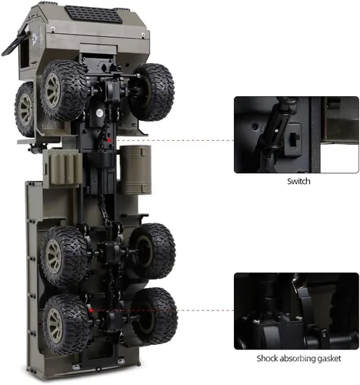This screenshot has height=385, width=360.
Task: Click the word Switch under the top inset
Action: [298, 181]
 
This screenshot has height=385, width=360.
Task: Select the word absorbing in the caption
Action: [298, 359]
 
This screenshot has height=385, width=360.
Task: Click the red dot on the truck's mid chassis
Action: [109, 140]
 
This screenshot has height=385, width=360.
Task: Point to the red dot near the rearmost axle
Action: [92, 310]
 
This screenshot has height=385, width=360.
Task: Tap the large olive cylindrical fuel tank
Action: [135, 169]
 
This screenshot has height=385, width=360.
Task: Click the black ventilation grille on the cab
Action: [93, 14]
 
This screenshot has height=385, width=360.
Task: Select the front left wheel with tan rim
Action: [64, 90]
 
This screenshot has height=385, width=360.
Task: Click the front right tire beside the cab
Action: [152, 92]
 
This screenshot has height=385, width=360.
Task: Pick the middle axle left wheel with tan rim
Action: [64, 256]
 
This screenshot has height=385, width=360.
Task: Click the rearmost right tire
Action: [154, 316]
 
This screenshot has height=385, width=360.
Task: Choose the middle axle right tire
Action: [152, 251]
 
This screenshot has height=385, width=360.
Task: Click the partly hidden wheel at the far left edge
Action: [25, 109]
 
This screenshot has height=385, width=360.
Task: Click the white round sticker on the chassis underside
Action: [99, 112]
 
